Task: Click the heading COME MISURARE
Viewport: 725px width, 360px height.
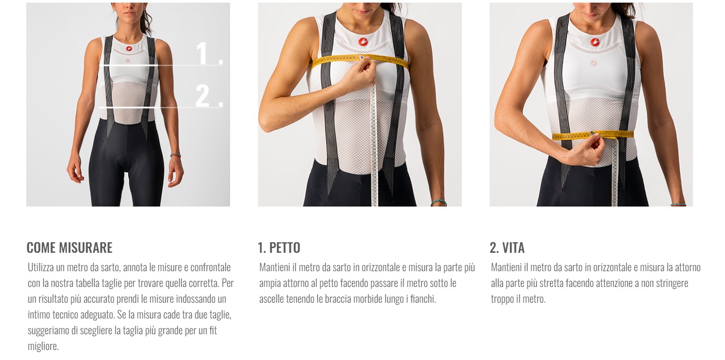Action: (x=69, y=248)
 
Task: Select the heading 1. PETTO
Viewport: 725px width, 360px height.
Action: (x=279, y=248)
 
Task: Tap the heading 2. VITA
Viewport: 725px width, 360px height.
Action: (x=507, y=248)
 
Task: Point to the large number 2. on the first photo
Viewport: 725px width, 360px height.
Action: (x=210, y=95)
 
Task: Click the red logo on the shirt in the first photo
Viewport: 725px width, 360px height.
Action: (x=129, y=49)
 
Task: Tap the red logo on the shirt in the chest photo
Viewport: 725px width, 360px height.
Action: (x=363, y=42)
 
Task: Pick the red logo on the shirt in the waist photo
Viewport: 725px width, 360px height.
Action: (x=595, y=42)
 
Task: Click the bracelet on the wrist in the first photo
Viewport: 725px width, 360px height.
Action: (x=175, y=156)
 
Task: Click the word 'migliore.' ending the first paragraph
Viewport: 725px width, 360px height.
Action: (x=43, y=346)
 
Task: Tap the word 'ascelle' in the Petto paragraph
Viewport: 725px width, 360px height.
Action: (x=271, y=299)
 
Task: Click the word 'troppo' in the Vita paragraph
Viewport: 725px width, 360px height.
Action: (x=502, y=299)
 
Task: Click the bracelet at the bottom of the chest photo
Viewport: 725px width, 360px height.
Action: (x=439, y=203)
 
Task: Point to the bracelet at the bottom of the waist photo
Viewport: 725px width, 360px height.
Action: (x=678, y=204)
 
